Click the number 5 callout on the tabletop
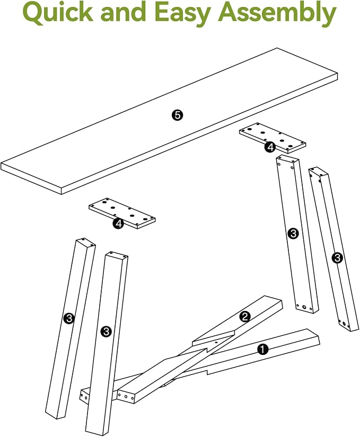pos(178,115)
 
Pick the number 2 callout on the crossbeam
pos(245,317)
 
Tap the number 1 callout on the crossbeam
pos(262,349)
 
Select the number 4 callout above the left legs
pos(118,224)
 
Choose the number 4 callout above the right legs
pos(270,147)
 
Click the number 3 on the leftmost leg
pos(69,318)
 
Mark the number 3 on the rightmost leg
pos(337,258)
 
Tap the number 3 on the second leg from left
pos(106,332)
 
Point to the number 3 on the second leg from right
pos(293,233)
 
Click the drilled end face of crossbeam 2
pos(126,396)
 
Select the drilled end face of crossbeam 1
pos(85,395)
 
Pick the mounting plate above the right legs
pos(273,138)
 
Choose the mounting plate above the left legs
pos(122,214)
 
